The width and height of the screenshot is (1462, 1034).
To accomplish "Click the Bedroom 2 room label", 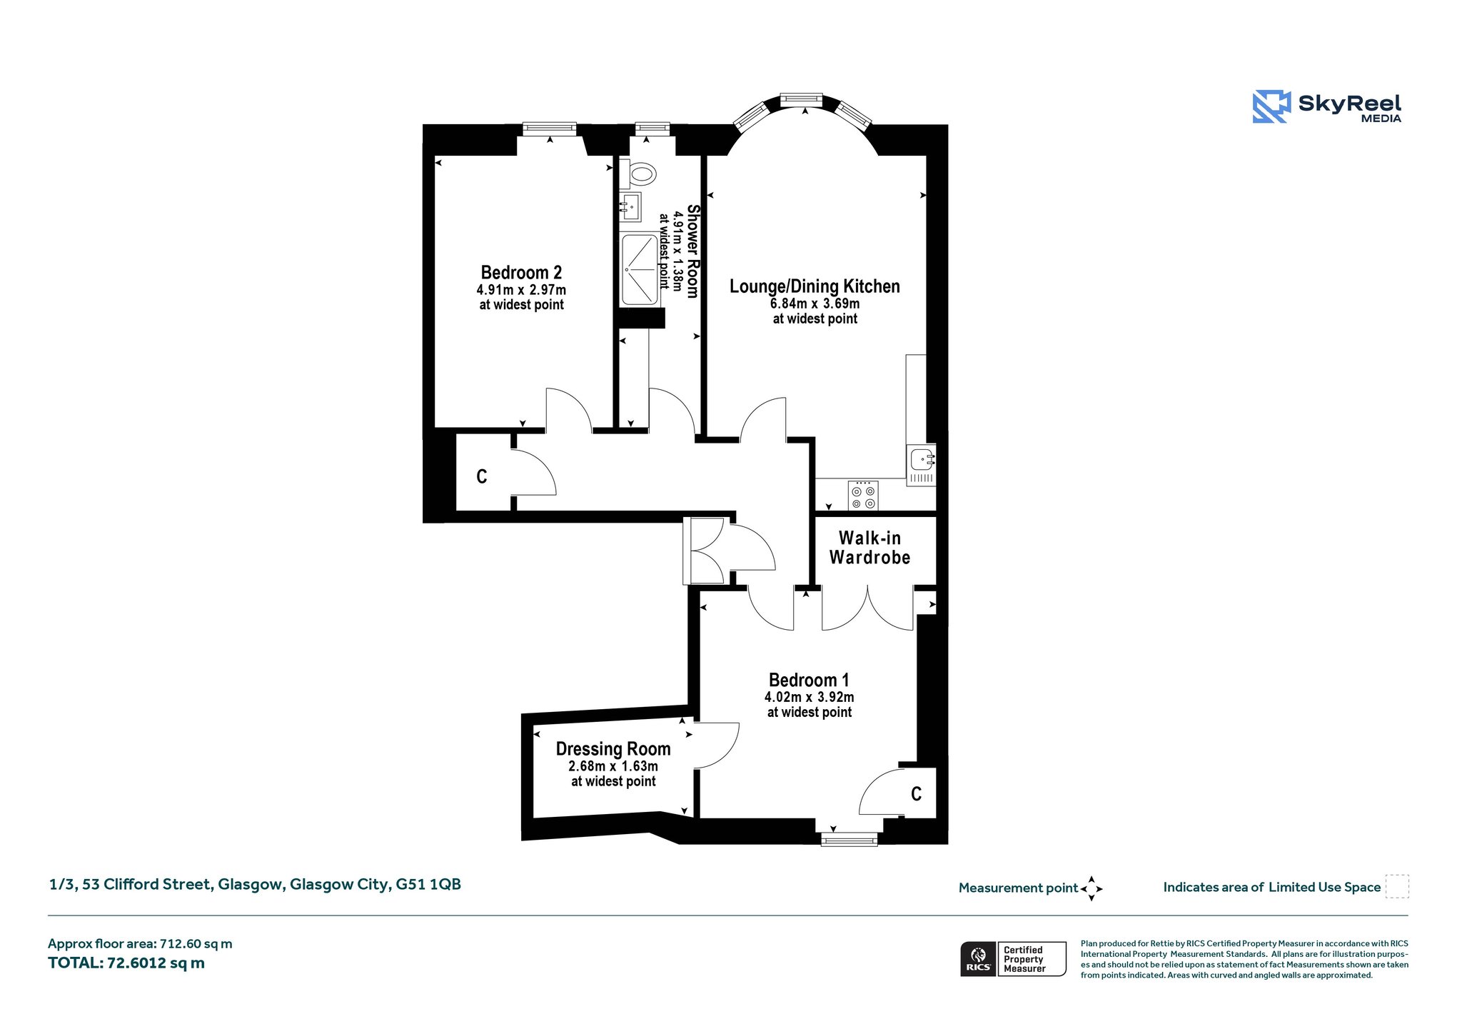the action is point(521,272).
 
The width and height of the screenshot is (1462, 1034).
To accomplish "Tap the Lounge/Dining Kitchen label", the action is point(815,286).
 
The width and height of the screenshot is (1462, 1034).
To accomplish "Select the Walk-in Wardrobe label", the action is point(869,548).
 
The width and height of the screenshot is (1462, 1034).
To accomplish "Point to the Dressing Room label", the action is point(613,748).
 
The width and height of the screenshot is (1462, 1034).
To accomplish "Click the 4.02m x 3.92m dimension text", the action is point(810,697).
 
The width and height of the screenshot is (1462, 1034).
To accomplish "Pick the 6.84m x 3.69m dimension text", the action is point(815,303).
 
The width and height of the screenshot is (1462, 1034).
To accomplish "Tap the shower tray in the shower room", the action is point(640,269).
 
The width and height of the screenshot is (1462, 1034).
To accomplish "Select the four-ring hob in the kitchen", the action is point(863,496).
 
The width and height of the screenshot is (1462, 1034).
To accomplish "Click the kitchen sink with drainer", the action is point(921,465).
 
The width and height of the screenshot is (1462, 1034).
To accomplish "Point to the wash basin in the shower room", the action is point(630,207).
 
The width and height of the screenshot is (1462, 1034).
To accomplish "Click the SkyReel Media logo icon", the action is point(1271,106).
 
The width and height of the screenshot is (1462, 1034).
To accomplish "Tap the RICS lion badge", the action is point(978,958).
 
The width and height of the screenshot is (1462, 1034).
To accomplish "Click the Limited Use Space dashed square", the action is point(1397,886).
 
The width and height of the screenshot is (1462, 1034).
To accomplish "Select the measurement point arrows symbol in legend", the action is point(1092,888).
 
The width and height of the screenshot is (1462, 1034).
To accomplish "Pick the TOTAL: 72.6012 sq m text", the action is point(126,963).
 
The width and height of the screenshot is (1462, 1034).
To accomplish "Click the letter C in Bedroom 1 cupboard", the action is point(917,793).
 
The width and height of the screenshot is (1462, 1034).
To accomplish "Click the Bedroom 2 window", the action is point(549,129).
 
